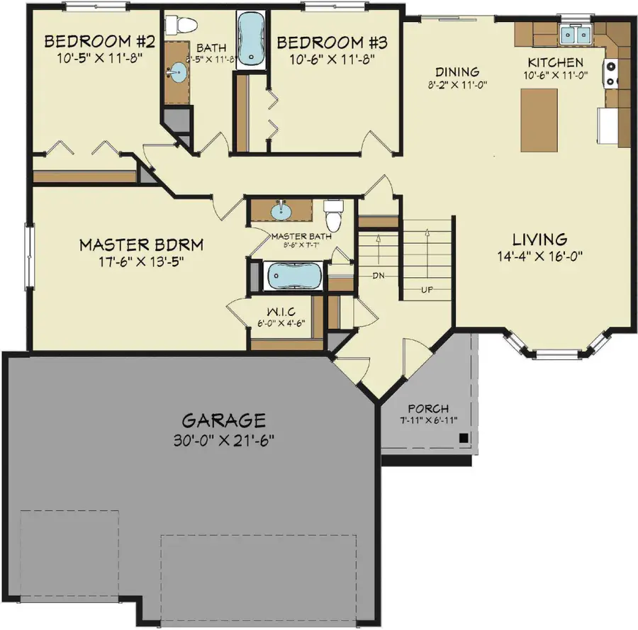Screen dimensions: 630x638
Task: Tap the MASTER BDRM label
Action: click(x=142, y=245)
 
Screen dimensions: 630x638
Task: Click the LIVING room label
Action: click(x=540, y=240)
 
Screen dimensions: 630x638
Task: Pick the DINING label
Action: click(x=457, y=72)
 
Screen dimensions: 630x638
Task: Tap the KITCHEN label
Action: click(x=555, y=62)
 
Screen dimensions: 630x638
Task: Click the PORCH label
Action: click(x=428, y=409)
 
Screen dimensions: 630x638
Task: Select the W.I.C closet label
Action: click(x=281, y=313)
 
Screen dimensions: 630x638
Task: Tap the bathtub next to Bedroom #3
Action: click(x=249, y=39)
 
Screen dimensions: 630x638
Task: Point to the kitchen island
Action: click(x=539, y=120)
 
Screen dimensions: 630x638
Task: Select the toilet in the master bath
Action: click(x=332, y=214)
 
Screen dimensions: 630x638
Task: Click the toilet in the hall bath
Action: click(x=181, y=26)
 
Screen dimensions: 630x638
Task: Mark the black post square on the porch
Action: click(x=462, y=438)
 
